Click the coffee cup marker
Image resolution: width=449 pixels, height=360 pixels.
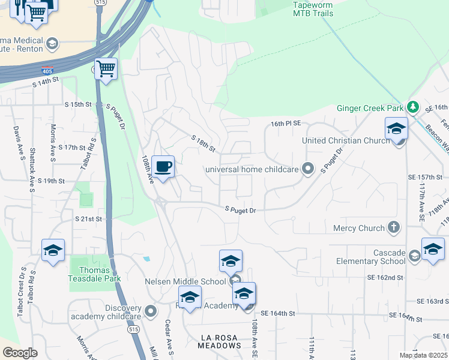[163, 167]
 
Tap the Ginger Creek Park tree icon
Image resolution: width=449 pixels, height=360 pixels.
[412, 107]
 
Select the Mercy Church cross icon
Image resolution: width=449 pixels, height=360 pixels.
[393, 227]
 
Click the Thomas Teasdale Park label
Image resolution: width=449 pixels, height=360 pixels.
[95, 274]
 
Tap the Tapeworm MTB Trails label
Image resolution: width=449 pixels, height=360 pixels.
[312, 8]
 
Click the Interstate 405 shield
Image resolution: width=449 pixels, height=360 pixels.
[47, 71]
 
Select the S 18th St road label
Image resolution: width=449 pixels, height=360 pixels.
[203, 143]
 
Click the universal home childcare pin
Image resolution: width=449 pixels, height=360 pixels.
[308, 169]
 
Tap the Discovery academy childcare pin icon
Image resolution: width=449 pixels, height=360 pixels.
[151, 311]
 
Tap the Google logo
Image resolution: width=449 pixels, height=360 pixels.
[20, 353]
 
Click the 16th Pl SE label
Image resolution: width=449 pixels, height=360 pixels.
[285, 123]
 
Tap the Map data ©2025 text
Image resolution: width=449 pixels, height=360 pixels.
[423, 355]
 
